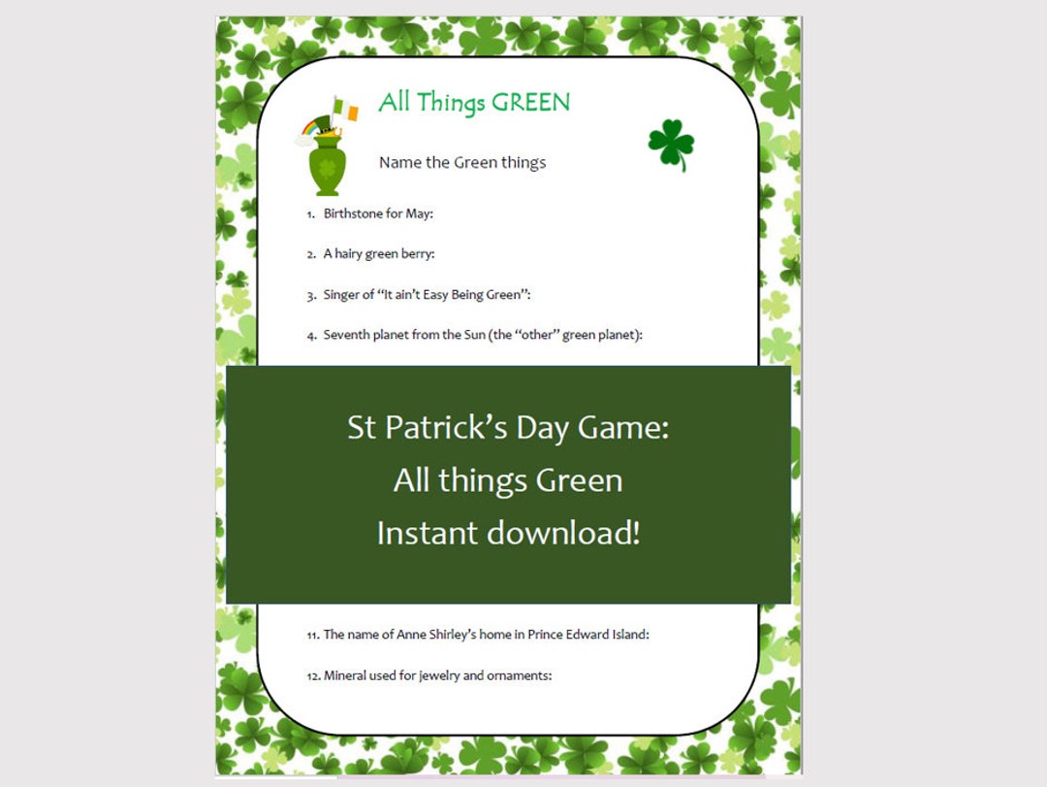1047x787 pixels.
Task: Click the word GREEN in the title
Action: click(531, 102)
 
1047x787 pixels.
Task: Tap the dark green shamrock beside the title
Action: click(671, 144)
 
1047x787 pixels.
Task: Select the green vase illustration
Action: click(329, 165)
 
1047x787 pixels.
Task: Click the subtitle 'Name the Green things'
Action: click(462, 162)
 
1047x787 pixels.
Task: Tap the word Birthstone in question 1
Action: click(353, 213)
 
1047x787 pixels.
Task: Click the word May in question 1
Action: click(418, 213)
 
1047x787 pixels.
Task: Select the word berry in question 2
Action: click(416, 254)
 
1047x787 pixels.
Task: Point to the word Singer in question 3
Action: click(342, 294)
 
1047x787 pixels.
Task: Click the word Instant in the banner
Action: click(427, 533)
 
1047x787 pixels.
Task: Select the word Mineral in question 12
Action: click(346, 675)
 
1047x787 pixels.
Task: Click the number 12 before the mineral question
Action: click(312, 676)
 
